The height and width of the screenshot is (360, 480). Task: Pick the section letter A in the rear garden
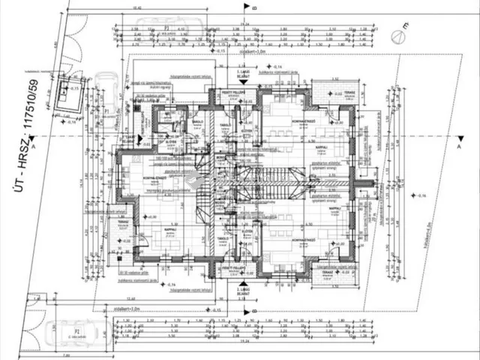tap(457, 147)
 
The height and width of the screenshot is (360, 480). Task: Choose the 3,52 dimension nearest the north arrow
tap(334, 77)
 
